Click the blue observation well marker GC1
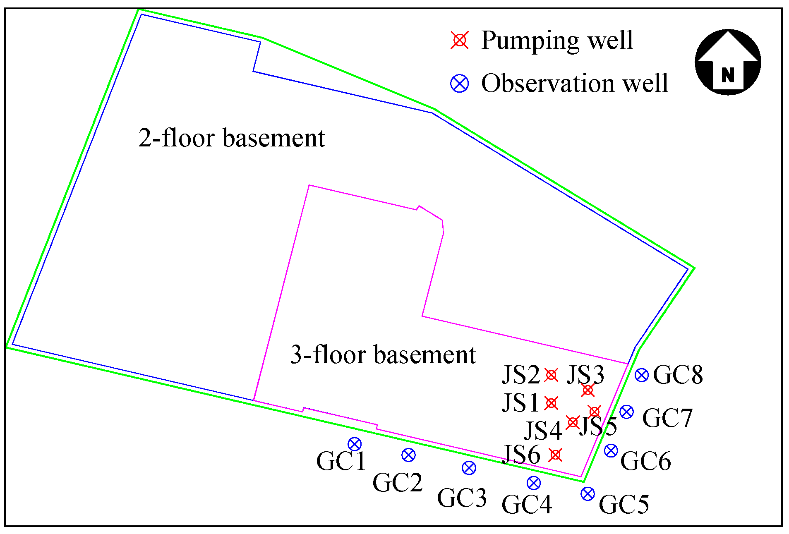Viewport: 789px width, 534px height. (x=355, y=444)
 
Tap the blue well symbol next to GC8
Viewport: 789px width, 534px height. (x=641, y=375)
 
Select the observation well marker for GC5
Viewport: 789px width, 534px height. (x=588, y=493)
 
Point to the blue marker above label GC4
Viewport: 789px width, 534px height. (x=534, y=483)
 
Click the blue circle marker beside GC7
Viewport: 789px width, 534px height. (x=626, y=412)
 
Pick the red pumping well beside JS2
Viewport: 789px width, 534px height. (x=551, y=375)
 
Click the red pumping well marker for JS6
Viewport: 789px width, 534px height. (x=555, y=455)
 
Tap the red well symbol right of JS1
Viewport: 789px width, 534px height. (x=551, y=403)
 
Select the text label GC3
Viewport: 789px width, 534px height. (x=462, y=498)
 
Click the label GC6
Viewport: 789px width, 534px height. (x=645, y=461)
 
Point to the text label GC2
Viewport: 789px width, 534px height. (x=397, y=483)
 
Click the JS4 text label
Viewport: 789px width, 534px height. (x=542, y=431)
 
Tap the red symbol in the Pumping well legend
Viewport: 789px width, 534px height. (x=459, y=40)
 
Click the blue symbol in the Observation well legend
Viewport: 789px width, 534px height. (x=459, y=84)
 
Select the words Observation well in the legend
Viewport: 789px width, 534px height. (x=574, y=84)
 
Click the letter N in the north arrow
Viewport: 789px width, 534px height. (x=728, y=75)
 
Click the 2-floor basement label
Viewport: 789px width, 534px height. (x=232, y=138)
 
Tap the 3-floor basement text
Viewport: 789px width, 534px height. (x=383, y=355)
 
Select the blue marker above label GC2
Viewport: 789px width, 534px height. (x=408, y=455)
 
